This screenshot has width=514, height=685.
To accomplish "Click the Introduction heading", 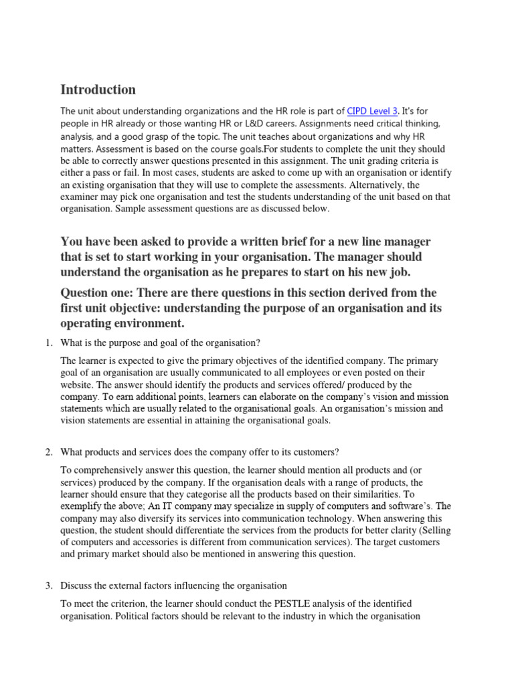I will [x=98, y=90].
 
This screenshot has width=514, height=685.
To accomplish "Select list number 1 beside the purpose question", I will [x=49, y=343].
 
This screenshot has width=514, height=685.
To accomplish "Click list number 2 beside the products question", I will [x=49, y=453].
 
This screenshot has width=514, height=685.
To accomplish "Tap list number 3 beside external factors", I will [x=49, y=586].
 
